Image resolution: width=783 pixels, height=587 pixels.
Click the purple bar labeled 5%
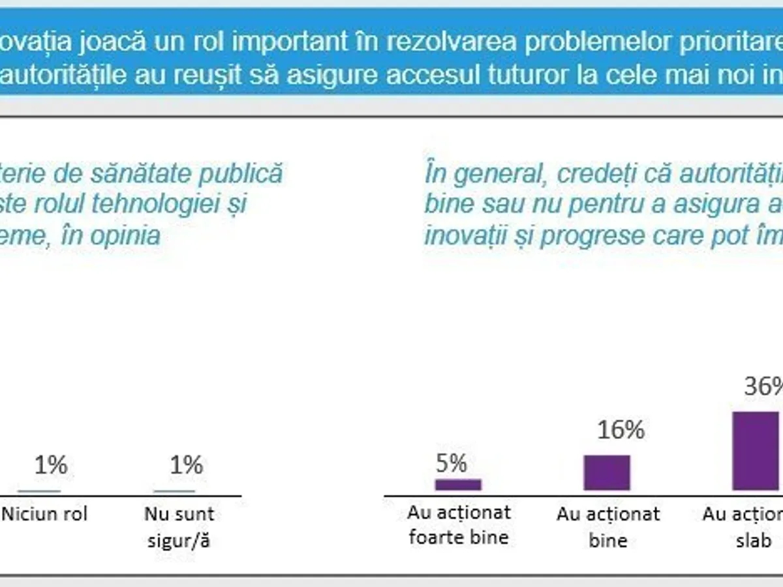click(458, 485)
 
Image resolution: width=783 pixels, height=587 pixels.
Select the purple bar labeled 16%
click(607, 472)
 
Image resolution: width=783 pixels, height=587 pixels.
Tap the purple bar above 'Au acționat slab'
click(756, 451)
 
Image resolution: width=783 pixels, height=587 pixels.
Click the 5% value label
click(451, 463)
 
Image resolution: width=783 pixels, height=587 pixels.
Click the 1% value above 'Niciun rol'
click(50, 465)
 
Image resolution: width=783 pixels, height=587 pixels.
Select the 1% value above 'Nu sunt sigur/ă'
click(186, 465)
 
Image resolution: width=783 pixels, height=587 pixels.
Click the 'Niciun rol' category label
click(44, 514)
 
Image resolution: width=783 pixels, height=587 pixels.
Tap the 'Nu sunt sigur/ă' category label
click(179, 527)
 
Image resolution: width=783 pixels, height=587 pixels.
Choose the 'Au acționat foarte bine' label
click(458, 526)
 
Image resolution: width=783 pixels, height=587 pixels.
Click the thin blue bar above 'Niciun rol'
click(39, 491)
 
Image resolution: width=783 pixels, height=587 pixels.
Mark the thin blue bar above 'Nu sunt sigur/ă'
click(174, 491)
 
